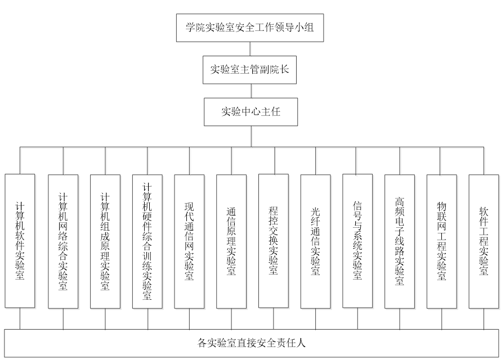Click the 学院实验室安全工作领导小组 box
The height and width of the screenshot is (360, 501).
tap(250, 26)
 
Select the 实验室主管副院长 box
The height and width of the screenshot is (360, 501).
tap(250, 70)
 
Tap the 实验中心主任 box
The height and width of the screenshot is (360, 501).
tap(250, 111)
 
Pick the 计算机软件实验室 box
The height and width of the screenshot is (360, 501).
tap(20, 241)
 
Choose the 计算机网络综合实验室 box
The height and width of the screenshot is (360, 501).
tap(63, 241)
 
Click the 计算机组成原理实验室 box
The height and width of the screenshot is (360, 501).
tap(105, 241)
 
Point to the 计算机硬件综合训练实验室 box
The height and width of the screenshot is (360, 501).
tap(147, 241)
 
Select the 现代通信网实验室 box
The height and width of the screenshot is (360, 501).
tap(189, 241)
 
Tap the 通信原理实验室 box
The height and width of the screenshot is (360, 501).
tap(231, 241)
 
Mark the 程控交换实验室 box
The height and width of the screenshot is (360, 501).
tap(274, 241)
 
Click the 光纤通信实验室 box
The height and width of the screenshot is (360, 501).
tap(315, 241)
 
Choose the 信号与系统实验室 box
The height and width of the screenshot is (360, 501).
tap(357, 241)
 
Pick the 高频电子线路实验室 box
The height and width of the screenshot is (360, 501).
tap(400, 241)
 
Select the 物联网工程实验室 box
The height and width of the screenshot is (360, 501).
tap(441, 241)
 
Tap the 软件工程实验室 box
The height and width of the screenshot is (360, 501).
tap(484, 241)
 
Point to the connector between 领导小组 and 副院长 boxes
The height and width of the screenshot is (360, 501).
tap(250, 49)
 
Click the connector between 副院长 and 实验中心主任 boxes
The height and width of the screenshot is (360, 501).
tap(250, 91)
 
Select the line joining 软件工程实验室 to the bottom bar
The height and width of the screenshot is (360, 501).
tap(484, 319)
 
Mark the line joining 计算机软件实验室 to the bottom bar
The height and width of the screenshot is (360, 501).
tap(20, 319)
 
